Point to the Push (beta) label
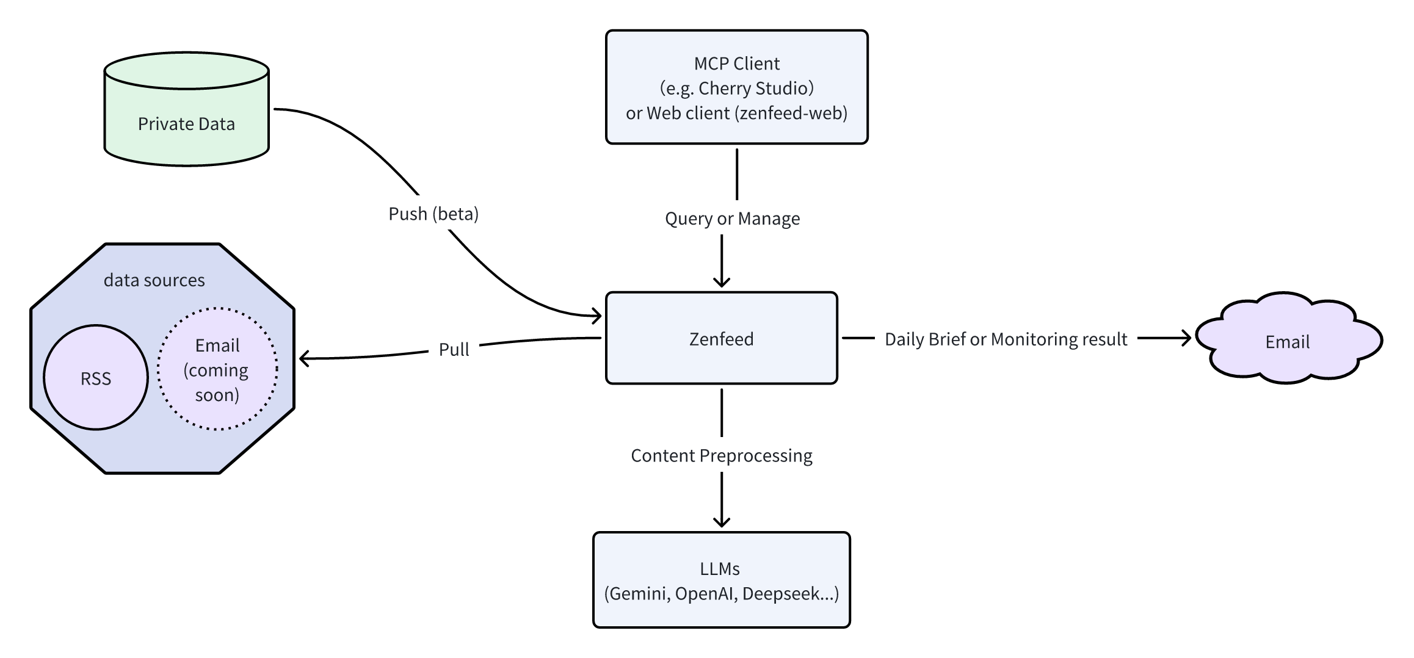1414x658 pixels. point(433,214)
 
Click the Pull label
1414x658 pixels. point(454,349)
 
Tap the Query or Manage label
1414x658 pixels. point(732,219)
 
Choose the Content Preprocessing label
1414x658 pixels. point(721,455)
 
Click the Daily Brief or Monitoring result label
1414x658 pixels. point(1006,339)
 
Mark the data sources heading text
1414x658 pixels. point(154,280)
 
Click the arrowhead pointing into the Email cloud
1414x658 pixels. point(1186,338)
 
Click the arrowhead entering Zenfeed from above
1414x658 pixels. point(722,281)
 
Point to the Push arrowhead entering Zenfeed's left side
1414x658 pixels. point(596,316)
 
